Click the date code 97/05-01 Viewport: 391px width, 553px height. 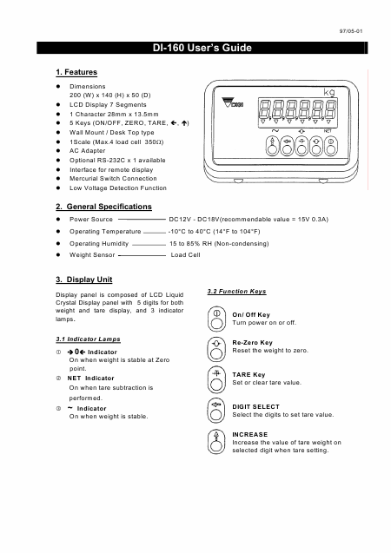coord(351,31)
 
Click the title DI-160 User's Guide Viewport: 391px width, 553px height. coord(202,48)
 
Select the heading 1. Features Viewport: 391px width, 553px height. coord(76,72)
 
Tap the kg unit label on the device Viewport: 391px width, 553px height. coord(329,92)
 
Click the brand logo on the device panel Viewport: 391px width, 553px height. coord(232,102)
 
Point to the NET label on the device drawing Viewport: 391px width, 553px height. coord(328,131)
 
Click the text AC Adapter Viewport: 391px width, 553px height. coord(87,150)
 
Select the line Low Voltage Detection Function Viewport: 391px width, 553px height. coord(118,188)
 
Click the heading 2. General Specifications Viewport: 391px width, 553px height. coord(103,207)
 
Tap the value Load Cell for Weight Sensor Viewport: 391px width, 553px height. coord(185,254)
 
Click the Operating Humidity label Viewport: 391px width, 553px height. coord(99,244)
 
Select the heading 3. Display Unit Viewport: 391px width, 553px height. coord(84,280)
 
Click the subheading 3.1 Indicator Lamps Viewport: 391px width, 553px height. coord(88,339)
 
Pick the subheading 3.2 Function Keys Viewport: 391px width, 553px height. coord(236,292)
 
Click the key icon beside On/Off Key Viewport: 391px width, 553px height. coord(216,319)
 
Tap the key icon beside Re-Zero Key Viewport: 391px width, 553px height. coord(216,349)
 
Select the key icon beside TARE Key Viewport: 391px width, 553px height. coord(216,380)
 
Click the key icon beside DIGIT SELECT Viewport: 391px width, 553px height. coord(216,411)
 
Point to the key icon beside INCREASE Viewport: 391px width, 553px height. coord(216,441)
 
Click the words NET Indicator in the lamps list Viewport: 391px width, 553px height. coord(90,379)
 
